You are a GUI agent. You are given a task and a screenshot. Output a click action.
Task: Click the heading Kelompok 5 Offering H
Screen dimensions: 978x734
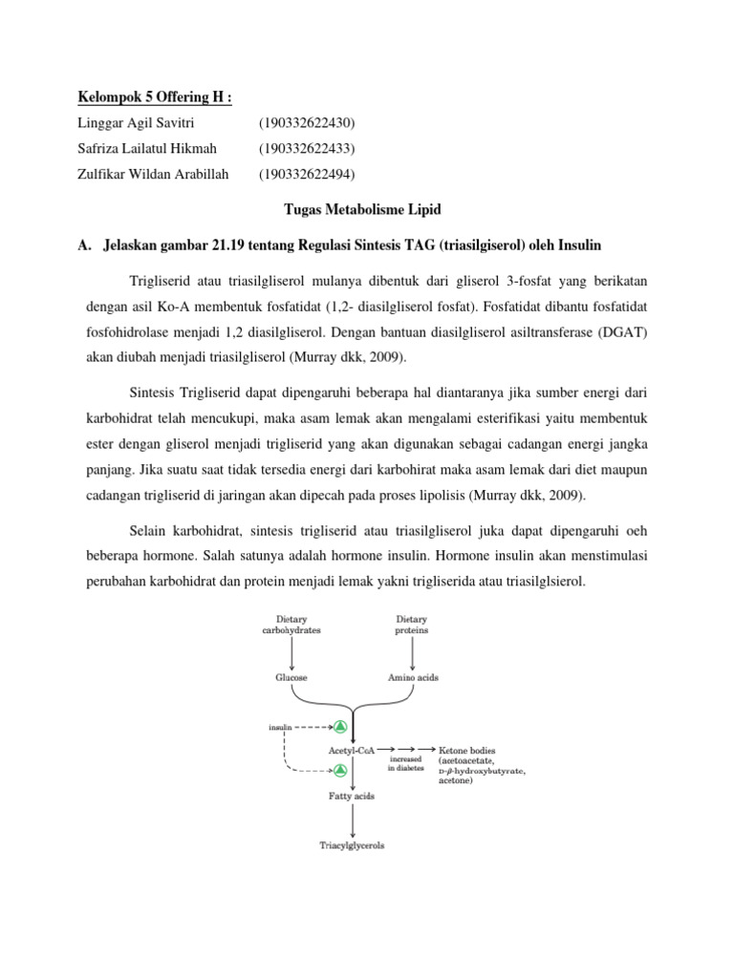click(154, 97)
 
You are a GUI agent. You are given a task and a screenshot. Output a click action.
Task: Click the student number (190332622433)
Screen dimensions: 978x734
click(306, 148)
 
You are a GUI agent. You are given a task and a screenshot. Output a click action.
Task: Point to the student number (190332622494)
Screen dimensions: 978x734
click(306, 174)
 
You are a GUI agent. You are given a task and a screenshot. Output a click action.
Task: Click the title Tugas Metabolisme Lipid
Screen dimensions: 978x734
click(366, 209)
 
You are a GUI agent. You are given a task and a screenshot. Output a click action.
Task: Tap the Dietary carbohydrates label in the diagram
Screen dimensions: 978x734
click(292, 626)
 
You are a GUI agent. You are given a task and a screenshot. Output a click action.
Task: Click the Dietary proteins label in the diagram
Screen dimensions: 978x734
click(411, 626)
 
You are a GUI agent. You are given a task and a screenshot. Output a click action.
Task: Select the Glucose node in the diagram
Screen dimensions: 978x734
click(292, 676)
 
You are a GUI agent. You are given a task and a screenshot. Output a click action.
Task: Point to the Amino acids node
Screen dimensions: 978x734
click(412, 676)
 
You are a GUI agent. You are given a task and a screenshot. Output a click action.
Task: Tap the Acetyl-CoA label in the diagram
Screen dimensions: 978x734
click(351, 751)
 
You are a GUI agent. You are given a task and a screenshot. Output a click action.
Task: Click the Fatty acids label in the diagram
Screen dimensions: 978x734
click(352, 795)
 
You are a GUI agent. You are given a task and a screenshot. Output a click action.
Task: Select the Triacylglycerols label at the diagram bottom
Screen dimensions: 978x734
click(352, 845)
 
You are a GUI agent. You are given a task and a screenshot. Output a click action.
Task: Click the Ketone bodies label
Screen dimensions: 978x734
click(467, 751)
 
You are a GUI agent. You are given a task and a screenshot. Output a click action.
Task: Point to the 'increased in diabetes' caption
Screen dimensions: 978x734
click(405, 763)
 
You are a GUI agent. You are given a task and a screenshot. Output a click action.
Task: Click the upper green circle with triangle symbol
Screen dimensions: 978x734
click(338, 728)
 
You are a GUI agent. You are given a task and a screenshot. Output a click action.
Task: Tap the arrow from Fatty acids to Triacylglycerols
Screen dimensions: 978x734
click(354, 819)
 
